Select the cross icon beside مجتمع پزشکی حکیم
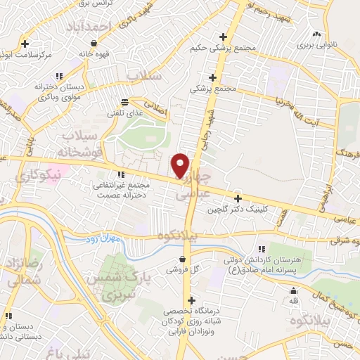(x=224, y=37)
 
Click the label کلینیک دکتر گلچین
(x=236, y=210)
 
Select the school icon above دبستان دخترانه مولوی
(x=60, y=75)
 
